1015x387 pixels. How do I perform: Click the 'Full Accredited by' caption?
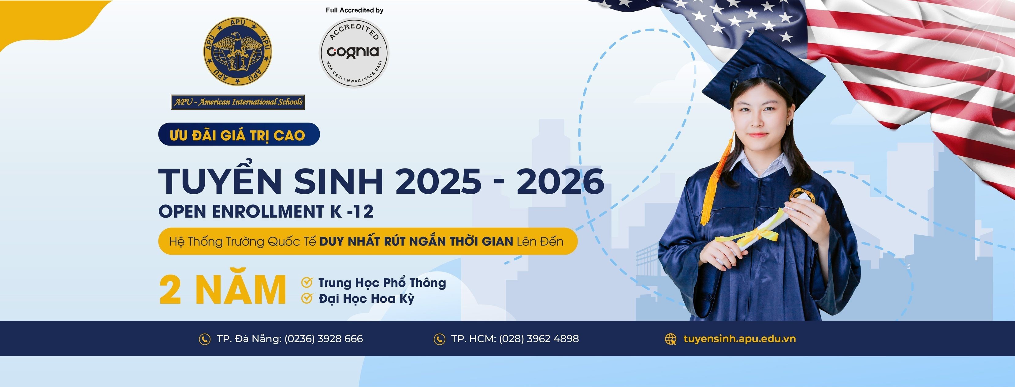coord(355,10)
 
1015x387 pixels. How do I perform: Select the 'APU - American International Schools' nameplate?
coord(238,102)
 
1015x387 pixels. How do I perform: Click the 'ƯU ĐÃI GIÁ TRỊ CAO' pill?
coord(239,135)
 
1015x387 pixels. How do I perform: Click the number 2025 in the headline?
coord(438,181)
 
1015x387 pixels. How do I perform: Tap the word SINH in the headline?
coord(338,181)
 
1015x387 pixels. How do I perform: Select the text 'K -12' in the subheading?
coord(352,211)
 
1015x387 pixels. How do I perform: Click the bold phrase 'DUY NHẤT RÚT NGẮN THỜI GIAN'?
coord(416,241)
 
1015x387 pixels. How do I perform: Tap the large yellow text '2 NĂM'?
coord(223,290)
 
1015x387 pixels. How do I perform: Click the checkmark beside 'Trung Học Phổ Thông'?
coord(307,282)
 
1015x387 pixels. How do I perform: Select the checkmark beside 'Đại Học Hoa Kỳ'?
coord(307,298)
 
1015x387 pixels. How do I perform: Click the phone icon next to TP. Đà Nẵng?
coord(204,339)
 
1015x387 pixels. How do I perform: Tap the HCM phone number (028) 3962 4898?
coord(539,339)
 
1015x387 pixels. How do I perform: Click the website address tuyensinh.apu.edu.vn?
coord(740,339)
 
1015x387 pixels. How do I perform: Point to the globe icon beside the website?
coord(671,339)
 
